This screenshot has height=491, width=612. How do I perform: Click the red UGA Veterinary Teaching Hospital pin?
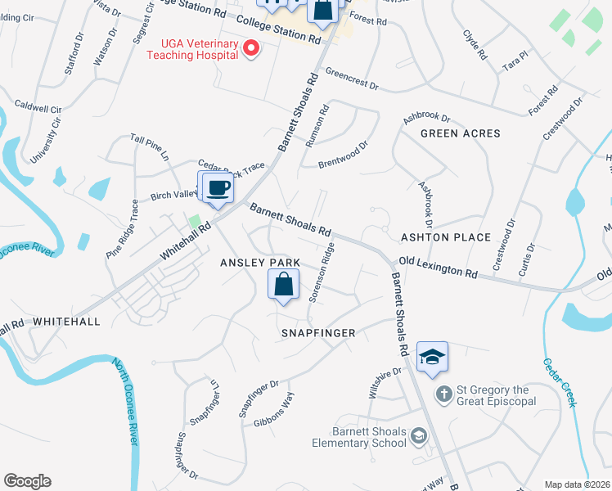(x=252, y=49)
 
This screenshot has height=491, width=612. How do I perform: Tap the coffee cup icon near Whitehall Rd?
(x=218, y=188)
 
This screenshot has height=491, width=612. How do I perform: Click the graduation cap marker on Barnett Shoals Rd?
(x=432, y=357)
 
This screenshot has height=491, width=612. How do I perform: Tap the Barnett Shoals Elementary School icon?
(x=419, y=435)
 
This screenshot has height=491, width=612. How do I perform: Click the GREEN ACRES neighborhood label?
(x=460, y=133)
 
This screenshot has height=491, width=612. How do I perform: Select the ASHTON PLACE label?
(x=445, y=237)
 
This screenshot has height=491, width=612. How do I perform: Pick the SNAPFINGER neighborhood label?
(x=318, y=333)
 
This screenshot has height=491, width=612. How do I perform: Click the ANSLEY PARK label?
(x=260, y=263)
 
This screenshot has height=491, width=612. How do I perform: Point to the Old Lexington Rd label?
(x=438, y=267)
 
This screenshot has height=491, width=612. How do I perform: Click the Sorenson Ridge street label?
(x=322, y=272)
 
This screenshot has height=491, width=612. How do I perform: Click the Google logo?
(x=27, y=481)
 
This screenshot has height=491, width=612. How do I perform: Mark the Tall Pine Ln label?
(x=149, y=144)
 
